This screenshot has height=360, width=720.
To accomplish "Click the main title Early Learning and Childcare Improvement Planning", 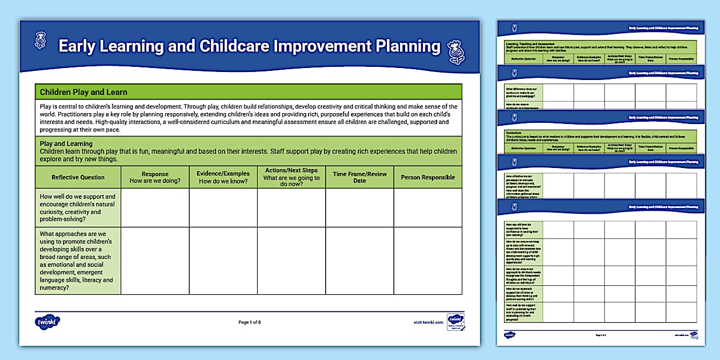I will (249, 46).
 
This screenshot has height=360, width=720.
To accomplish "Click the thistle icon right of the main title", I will (455, 52).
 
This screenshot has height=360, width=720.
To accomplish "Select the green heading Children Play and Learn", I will (83, 92).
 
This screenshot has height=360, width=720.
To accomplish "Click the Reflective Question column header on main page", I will (78, 177).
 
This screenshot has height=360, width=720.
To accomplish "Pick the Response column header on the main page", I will (155, 177).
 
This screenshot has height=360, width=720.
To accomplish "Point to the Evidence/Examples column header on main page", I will (223, 177).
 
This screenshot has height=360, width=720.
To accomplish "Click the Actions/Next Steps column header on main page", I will (291, 177).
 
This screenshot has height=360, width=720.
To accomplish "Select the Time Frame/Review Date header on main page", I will (359, 177).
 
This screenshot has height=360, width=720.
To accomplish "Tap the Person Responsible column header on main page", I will (427, 177).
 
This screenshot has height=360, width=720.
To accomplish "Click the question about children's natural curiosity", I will (78, 208).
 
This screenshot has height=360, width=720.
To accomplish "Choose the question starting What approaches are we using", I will (78, 261).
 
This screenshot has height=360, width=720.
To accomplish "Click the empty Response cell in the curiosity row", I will (155, 208).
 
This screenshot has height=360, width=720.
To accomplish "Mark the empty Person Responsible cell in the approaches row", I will (427, 261).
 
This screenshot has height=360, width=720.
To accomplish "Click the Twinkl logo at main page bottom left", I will (47, 322).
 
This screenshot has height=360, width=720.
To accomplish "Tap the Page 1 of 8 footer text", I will (249, 322).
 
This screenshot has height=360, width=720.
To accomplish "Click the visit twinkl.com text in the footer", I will (428, 322).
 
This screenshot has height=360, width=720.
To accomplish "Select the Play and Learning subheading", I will (66, 143).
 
